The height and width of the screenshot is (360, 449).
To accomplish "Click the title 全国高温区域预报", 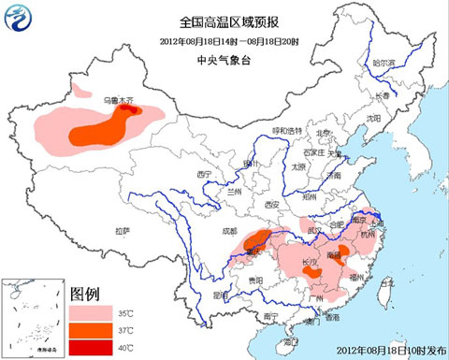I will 224,21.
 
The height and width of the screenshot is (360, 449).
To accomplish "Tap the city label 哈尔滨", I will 384,63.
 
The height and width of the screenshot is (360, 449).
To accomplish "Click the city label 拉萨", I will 122,230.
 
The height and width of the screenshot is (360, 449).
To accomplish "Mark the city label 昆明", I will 222,295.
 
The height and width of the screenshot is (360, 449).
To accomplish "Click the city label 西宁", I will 206,176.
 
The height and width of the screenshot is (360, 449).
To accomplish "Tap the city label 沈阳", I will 374,119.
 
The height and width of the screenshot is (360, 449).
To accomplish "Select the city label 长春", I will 383,95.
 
